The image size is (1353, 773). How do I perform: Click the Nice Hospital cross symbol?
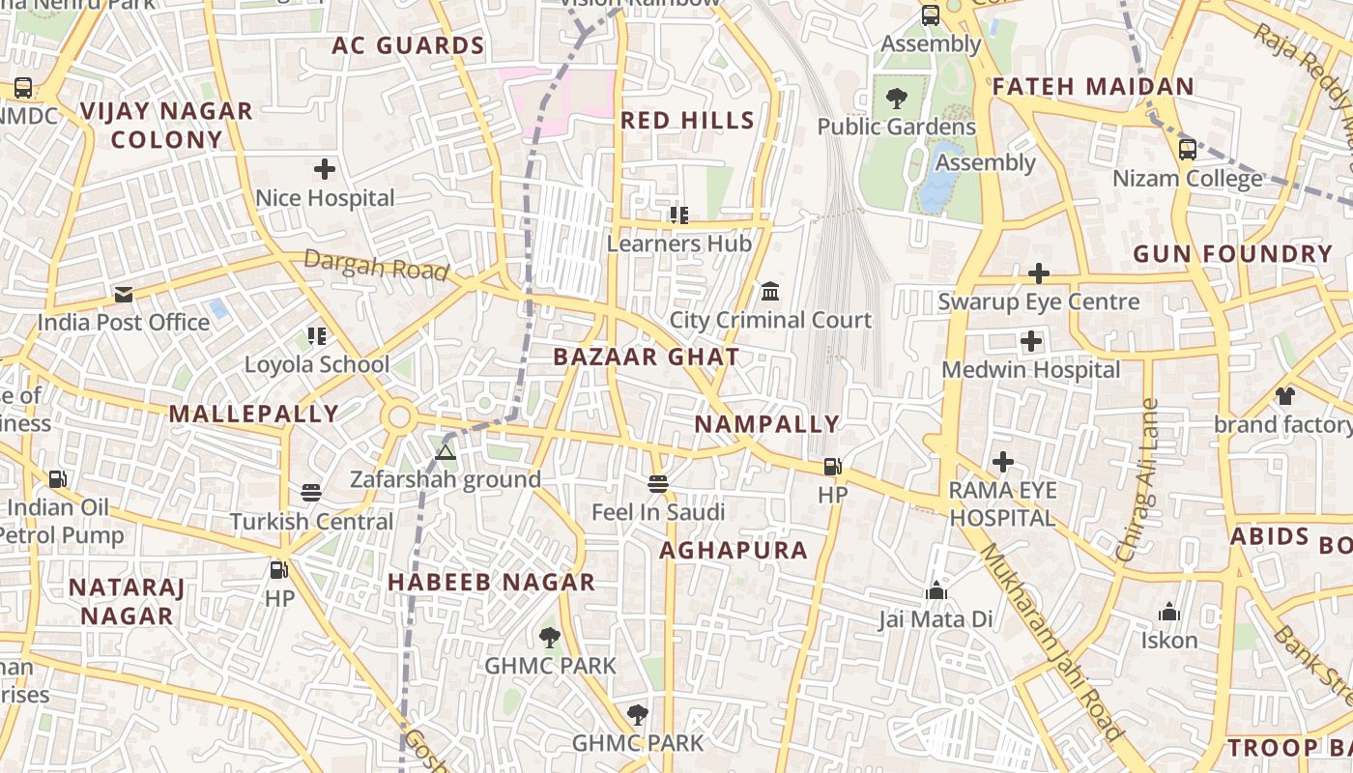[325, 170]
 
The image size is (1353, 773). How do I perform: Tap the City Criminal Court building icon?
[770, 291]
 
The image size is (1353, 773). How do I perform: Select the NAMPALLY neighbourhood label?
[767, 424]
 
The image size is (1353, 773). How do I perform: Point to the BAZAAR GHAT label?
[647, 357]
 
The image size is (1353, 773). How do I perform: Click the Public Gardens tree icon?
[897, 98]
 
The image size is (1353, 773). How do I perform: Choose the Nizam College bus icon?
[1188, 150]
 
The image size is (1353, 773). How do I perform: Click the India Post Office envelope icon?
[124, 295]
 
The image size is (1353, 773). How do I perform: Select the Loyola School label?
[317, 364]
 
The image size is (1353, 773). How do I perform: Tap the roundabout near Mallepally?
[398, 417]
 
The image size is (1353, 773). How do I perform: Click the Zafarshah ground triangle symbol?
[445, 452]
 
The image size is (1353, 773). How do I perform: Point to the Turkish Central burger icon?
[310, 493]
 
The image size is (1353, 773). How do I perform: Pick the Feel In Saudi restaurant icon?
[658, 483]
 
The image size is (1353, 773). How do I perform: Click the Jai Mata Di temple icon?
[936, 590]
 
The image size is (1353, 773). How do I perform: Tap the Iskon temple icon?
[1169, 612]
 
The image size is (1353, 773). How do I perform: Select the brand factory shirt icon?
[1284, 395]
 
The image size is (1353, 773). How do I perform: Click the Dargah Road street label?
[376, 264]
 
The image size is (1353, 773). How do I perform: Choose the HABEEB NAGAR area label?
[491, 582]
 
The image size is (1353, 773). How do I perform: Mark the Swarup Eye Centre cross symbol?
[1039, 273]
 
